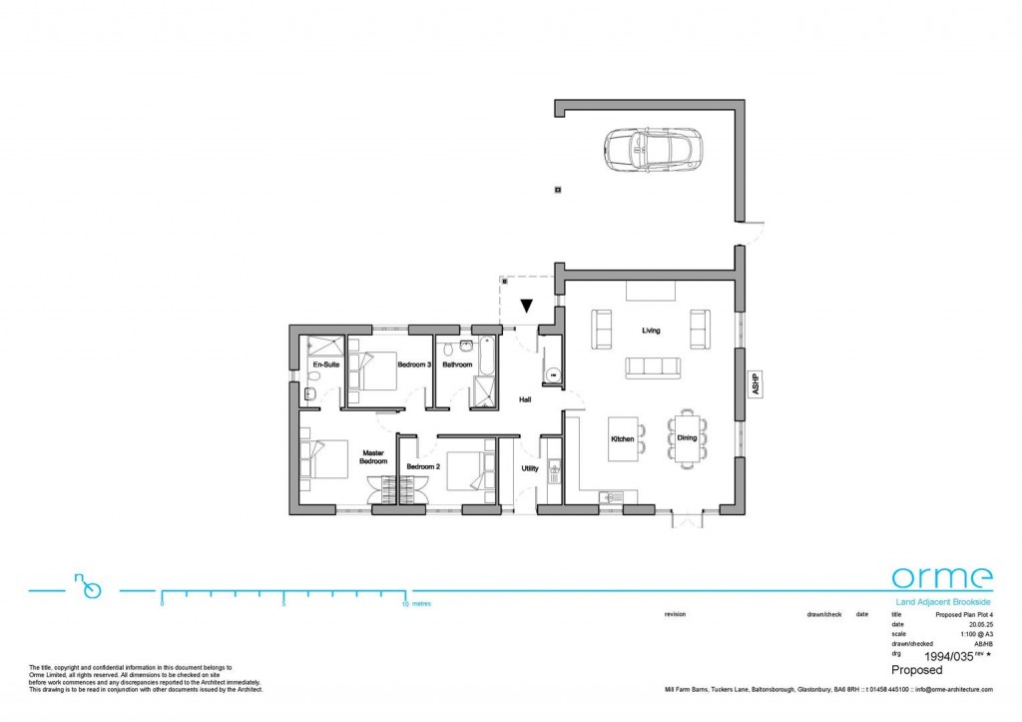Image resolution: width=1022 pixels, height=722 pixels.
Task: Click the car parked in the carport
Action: [x=649, y=149]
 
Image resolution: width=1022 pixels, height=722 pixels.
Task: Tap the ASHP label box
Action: [x=756, y=384]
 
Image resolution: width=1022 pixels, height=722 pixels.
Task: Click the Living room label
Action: [x=651, y=331]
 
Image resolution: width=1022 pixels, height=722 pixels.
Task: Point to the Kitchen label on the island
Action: [x=623, y=438]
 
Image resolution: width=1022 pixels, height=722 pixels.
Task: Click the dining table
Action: [x=687, y=437]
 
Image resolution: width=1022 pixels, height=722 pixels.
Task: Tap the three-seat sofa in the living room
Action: [x=651, y=366]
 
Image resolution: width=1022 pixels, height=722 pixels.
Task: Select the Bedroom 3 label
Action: [x=413, y=365]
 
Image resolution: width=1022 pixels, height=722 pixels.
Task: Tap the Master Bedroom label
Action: [x=373, y=457]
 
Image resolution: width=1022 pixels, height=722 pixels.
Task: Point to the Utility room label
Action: [x=530, y=467]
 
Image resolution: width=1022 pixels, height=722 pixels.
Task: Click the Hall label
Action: [x=524, y=399]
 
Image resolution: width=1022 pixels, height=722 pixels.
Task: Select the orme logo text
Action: [x=941, y=577]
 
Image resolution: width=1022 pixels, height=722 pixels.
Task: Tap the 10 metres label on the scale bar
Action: [x=415, y=605]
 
